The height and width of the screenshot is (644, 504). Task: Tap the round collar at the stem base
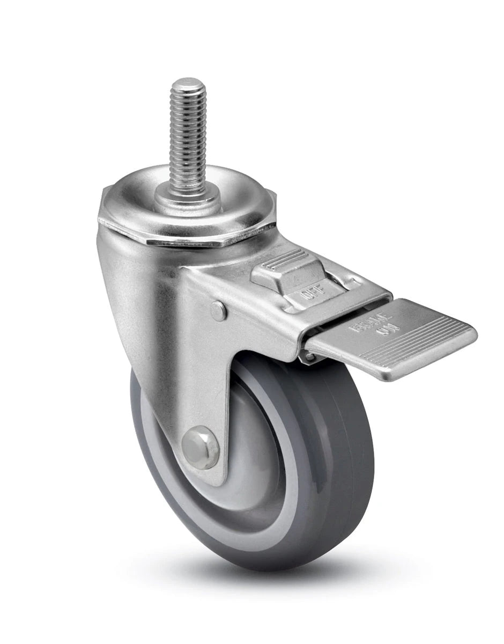click(x=188, y=200)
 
